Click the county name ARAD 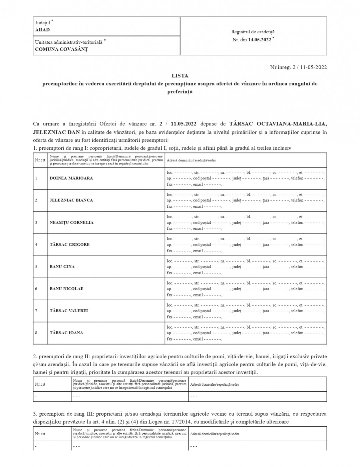pos(42,30)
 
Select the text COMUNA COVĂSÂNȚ pos(61,49)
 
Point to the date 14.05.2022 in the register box pos(260,39)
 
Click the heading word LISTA pos(180,76)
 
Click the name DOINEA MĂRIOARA pos(71,178)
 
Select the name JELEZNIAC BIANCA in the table pos(71,200)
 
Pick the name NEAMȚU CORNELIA pos(72,222)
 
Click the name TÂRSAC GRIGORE pos(70,245)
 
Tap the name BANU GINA pos(62,267)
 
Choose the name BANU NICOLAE pos(66,289)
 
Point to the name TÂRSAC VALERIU pos(69,311)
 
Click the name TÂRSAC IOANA pos(66,333)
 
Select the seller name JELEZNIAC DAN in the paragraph pos(56,132)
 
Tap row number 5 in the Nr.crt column pos(36,267)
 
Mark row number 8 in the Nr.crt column pos(36,333)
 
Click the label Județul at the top pos(43,23)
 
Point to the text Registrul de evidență pos(253,32)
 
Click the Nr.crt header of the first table pos(40,160)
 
